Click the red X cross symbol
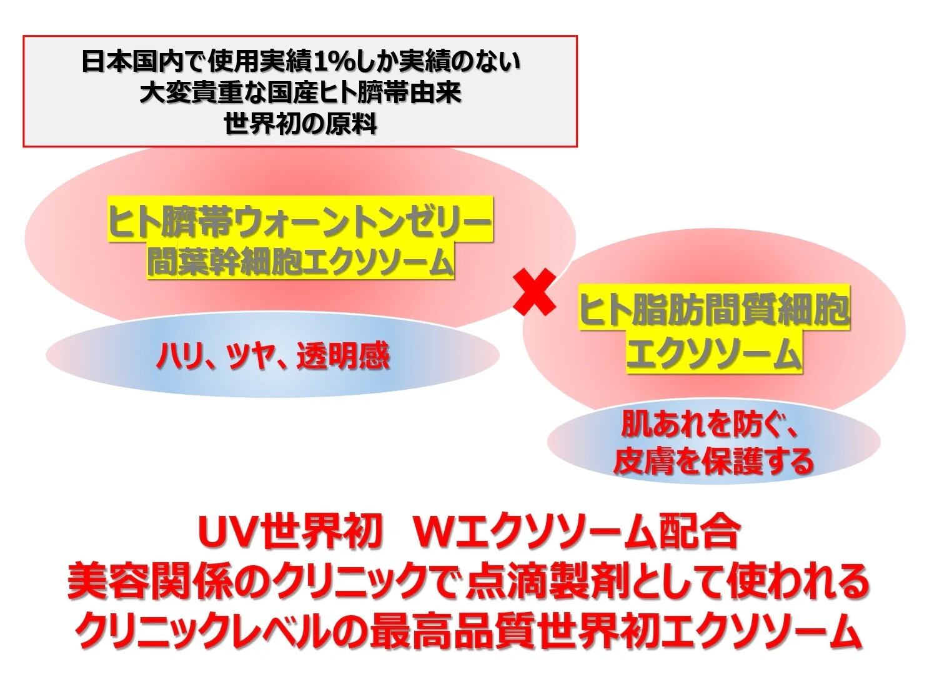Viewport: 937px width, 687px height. point(535,292)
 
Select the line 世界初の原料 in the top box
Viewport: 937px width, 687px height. point(300,124)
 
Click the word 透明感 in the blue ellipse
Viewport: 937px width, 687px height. point(343,357)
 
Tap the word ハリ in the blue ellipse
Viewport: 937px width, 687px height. point(176,357)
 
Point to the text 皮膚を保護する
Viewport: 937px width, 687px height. point(713,461)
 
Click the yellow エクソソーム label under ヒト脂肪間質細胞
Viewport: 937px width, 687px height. point(714,355)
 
